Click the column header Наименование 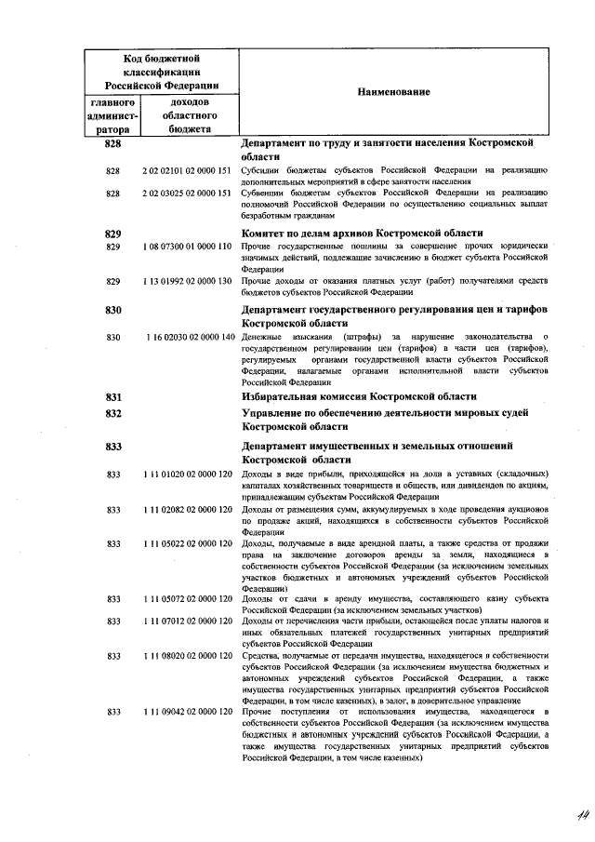point(390,92)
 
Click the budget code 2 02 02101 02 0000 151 point(186,171)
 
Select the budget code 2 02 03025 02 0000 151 point(186,193)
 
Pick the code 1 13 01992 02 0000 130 point(186,280)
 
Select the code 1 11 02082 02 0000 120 point(186,509)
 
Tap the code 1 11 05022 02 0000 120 point(186,542)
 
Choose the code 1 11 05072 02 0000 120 point(186,598)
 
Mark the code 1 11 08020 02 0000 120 point(186,656)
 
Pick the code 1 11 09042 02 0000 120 point(186,712)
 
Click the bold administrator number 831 point(114,396)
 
